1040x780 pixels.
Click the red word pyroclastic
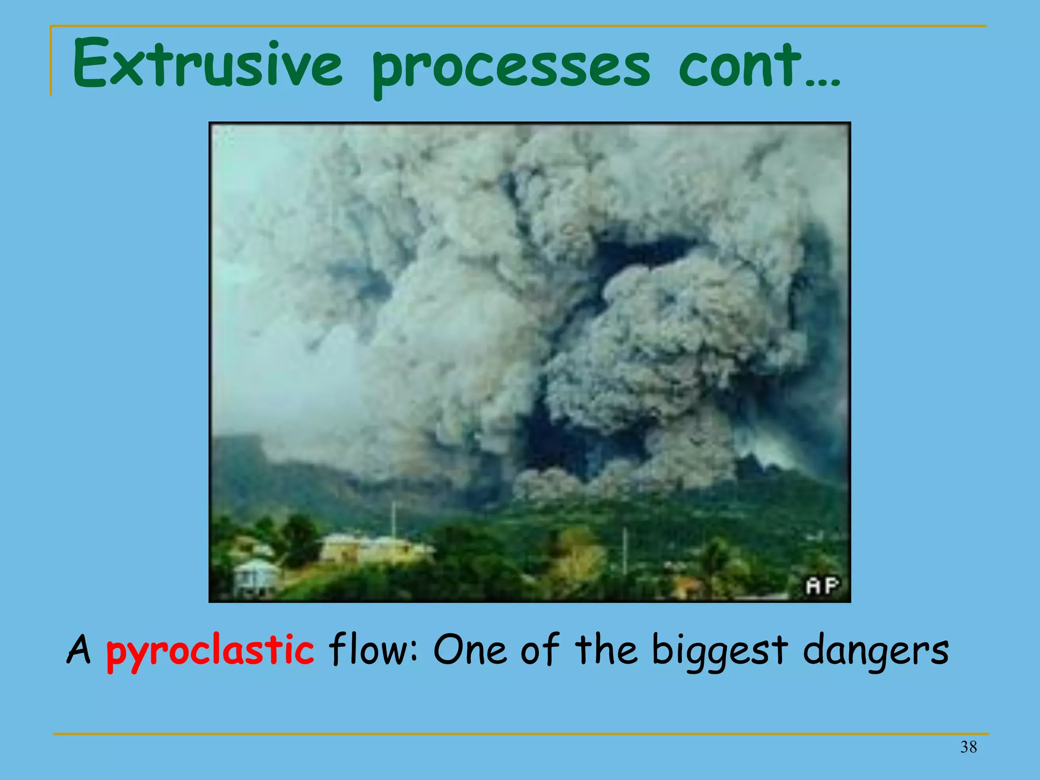[x=210, y=652]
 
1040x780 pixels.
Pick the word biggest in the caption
[x=720, y=652]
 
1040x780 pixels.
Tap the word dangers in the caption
[x=875, y=652]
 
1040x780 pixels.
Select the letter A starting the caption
[x=79, y=650]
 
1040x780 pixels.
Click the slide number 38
[x=968, y=747]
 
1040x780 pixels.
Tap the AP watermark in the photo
[x=822, y=586]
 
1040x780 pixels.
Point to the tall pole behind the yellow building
[x=393, y=518]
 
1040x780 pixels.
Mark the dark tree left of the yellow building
[x=300, y=538]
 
